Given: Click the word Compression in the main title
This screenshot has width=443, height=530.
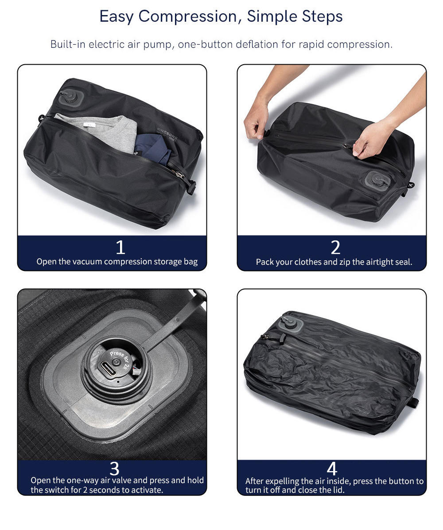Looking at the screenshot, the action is click(188, 17).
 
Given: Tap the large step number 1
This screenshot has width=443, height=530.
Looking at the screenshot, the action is click(120, 247).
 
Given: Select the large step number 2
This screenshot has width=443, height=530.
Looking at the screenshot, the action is click(335, 247).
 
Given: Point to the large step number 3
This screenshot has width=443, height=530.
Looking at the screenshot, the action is click(115, 469).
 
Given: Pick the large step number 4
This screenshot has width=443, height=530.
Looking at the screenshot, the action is click(332, 469).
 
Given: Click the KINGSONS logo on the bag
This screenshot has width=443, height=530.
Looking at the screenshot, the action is click(167, 132).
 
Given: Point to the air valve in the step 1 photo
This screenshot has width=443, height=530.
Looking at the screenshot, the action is click(71, 98).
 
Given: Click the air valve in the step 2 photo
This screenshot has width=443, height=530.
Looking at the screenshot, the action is click(378, 181).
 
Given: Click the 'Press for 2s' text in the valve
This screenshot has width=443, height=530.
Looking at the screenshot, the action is click(120, 359).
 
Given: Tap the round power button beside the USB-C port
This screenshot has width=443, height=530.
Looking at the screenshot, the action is click(117, 362).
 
